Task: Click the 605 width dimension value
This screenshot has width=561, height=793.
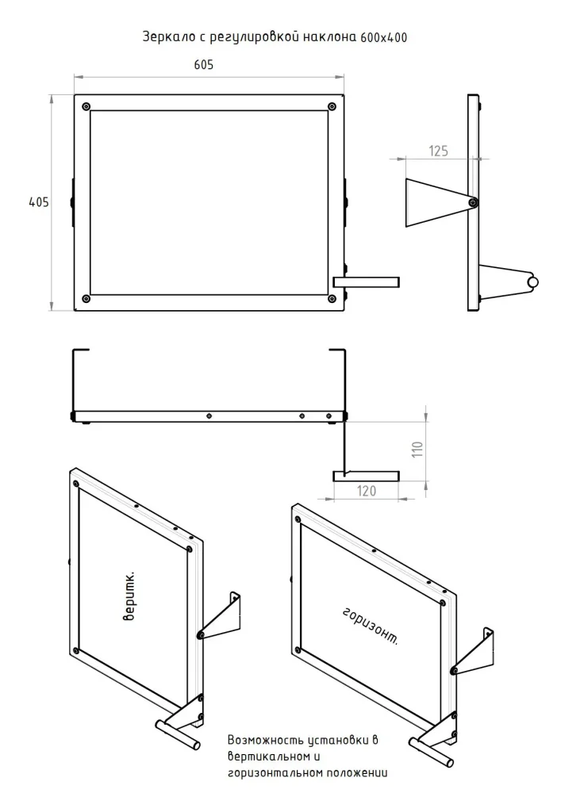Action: (203, 65)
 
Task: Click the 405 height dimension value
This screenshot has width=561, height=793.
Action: (39, 202)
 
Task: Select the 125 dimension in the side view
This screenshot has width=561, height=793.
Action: (439, 151)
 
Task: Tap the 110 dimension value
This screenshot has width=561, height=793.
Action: (417, 449)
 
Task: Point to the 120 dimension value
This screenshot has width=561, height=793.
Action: (367, 491)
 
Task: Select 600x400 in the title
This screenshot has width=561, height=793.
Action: (384, 38)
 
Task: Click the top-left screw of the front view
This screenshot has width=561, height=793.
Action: (86, 107)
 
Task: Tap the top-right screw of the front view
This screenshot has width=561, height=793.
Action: (332, 106)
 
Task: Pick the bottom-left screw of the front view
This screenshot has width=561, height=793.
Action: (86, 299)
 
